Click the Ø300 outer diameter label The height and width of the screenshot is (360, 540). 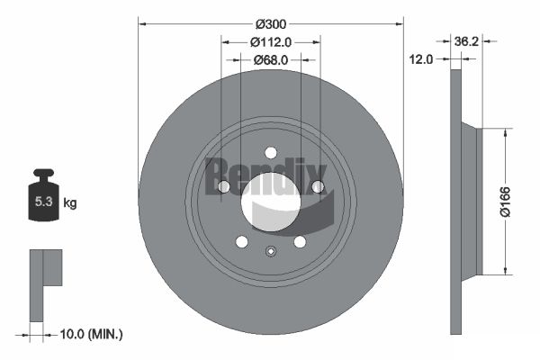point(270,22)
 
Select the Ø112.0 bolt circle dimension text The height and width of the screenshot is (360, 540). point(270,41)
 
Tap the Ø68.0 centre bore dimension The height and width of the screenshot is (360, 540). point(270,59)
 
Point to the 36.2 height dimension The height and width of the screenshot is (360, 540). point(465,40)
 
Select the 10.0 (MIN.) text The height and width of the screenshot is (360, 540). point(90,334)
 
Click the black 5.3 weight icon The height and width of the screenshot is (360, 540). point(43,201)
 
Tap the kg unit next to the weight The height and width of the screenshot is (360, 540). point(70,203)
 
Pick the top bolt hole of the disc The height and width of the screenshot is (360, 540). point(270,152)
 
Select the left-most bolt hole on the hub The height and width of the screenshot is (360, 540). point(224,186)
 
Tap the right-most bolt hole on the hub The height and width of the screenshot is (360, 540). point(317,186)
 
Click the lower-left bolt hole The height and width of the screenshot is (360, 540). point(241,241)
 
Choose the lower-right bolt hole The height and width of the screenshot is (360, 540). point(300,241)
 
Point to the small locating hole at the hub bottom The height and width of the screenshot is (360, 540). point(270,251)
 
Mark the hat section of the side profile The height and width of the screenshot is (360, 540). point(472,200)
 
